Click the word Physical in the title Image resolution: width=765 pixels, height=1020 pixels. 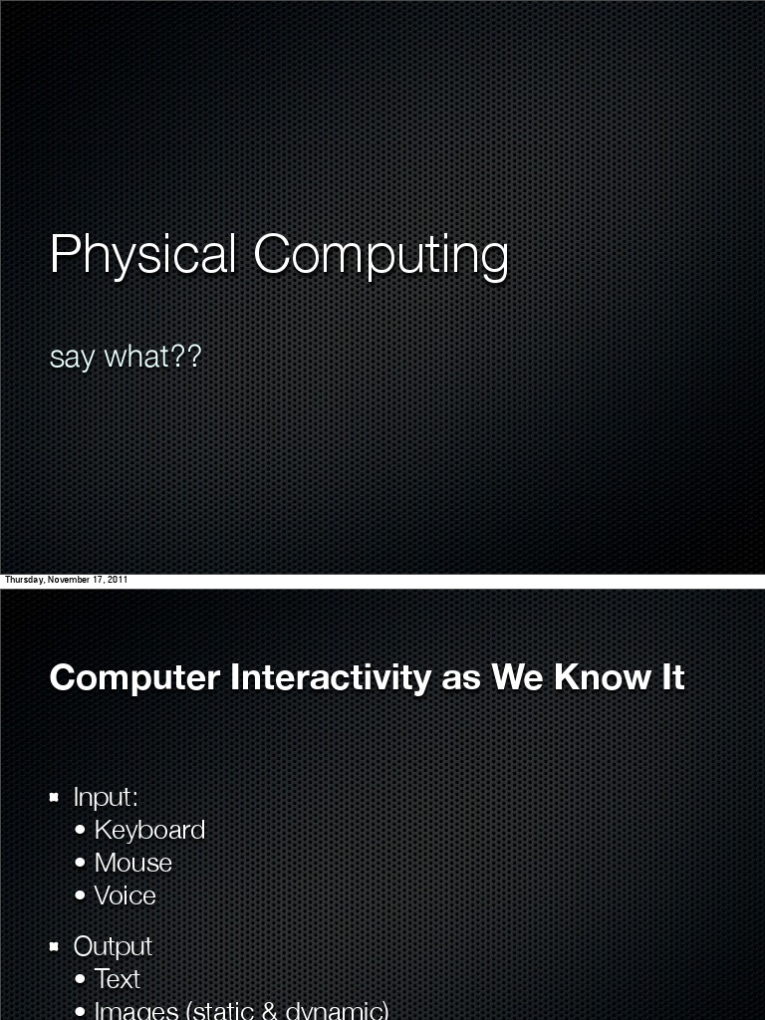142,255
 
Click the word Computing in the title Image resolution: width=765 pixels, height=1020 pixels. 381,255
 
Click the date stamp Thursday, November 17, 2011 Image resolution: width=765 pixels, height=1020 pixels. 66,580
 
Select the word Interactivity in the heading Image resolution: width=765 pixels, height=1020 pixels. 332,677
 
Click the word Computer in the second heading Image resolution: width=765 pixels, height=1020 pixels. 134,677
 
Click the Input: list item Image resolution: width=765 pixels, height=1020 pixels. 106,797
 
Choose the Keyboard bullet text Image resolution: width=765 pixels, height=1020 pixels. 149,830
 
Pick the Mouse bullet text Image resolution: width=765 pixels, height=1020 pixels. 132,863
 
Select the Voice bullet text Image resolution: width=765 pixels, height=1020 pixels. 125,895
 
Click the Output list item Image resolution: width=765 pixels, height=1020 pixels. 113,946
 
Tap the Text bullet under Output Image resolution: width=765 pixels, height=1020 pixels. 117,979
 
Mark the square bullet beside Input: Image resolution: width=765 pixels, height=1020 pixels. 56,797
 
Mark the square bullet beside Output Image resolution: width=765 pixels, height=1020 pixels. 56,946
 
